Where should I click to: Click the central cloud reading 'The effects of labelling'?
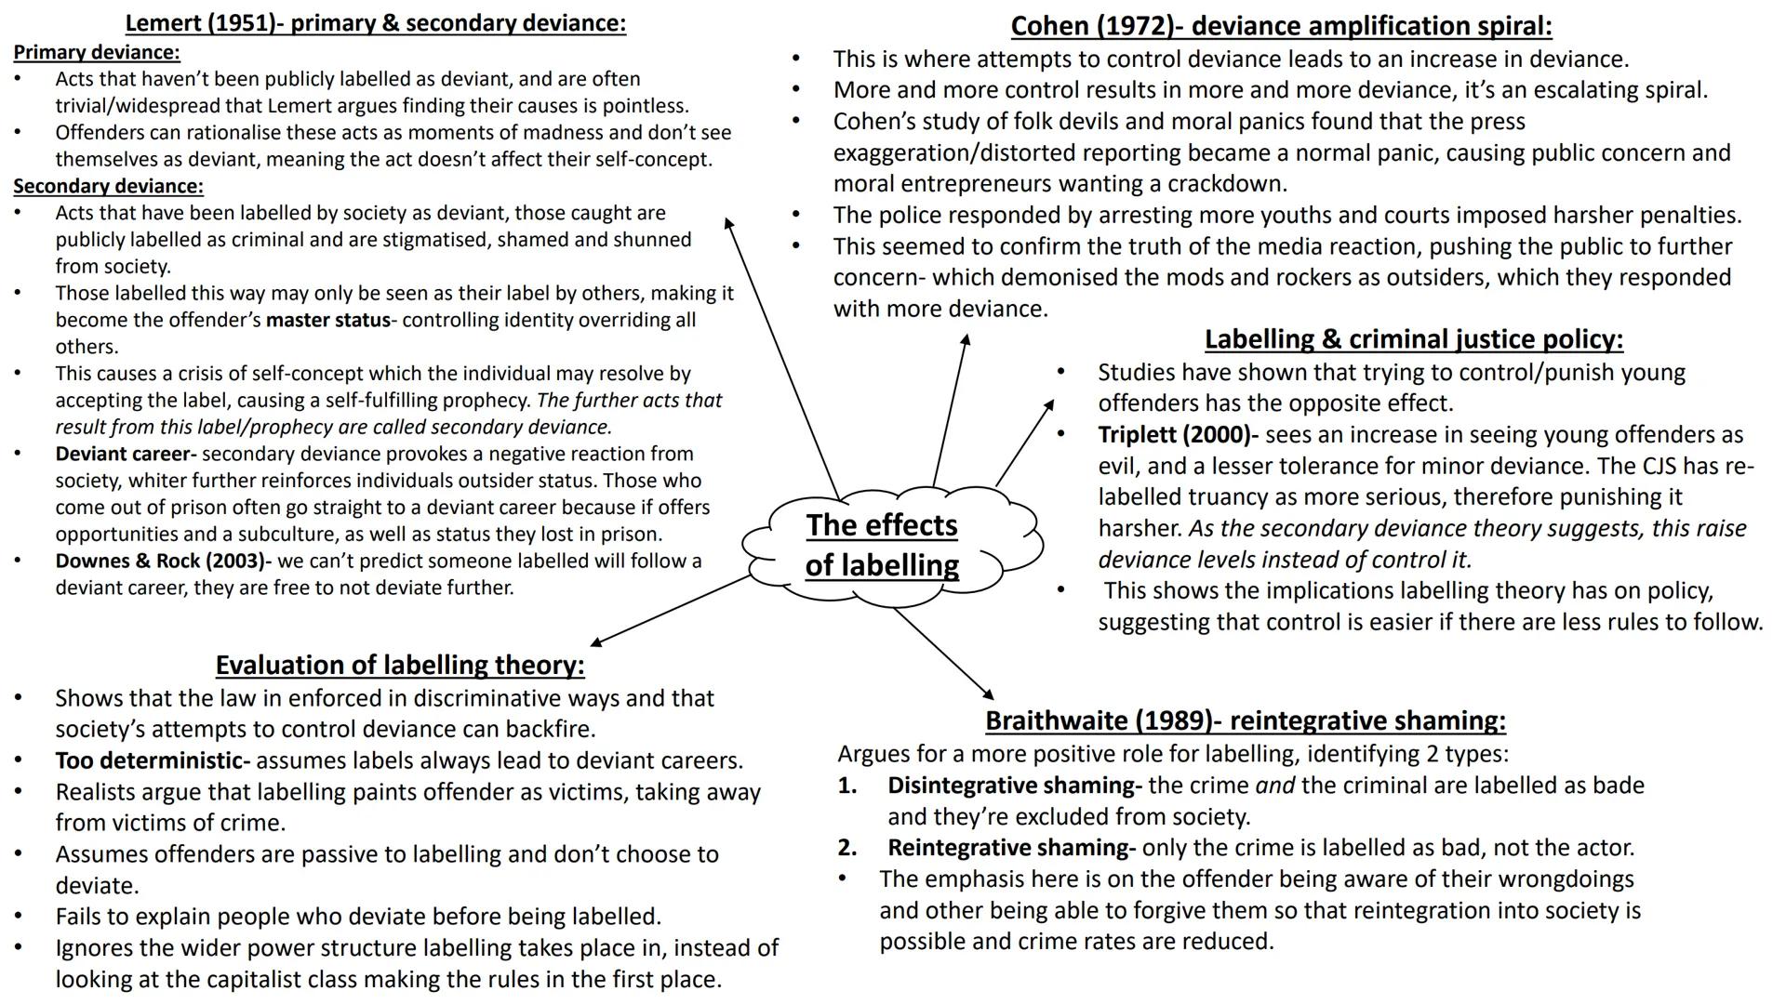coord(882,546)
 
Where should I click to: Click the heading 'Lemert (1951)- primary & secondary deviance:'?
coord(375,23)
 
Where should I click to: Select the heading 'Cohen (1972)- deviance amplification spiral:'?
coord(1281,25)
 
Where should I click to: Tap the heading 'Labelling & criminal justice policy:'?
coord(1413,339)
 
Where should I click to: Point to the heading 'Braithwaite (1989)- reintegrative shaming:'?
coord(1245,720)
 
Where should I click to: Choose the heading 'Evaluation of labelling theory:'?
coord(400,665)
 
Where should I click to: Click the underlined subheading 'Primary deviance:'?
coord(97,52)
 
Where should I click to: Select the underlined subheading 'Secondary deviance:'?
coord(108,186)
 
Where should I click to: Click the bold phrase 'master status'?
coord(327,321)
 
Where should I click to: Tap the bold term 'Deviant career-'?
coord(126,454)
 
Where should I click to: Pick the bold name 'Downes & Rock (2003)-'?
coord(163,561)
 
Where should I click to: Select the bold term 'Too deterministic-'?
coord(153,760)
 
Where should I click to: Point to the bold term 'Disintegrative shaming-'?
coord(1014,786)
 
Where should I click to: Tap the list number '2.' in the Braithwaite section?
coord(846,848)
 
